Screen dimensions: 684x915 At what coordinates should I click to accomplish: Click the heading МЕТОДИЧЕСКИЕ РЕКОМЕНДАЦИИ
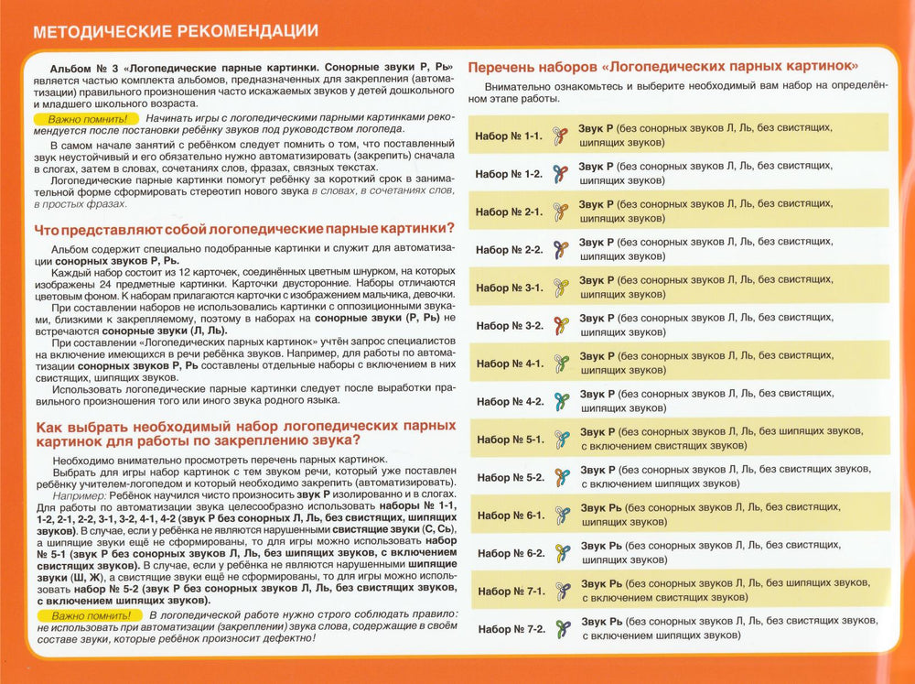[x=175, y=30]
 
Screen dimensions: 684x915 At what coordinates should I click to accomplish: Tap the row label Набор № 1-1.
[x=509, y=136]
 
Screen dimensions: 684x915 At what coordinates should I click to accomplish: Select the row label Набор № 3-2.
[x=509, y=325]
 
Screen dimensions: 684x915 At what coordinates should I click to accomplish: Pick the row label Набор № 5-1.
[x=510, y=439]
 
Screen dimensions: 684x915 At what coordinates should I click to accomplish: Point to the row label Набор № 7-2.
[x=511, y=629]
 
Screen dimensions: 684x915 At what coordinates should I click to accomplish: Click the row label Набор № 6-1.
[x=511, y=515]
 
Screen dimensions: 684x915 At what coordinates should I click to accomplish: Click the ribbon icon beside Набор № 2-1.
[x=561, y=212]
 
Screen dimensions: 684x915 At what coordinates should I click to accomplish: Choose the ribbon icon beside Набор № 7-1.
[x=563, y=591]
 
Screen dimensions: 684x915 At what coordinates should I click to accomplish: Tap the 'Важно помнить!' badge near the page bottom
[x=91, y=615]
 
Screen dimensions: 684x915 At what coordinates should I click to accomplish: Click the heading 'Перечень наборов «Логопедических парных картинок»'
[x=662, y=67]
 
